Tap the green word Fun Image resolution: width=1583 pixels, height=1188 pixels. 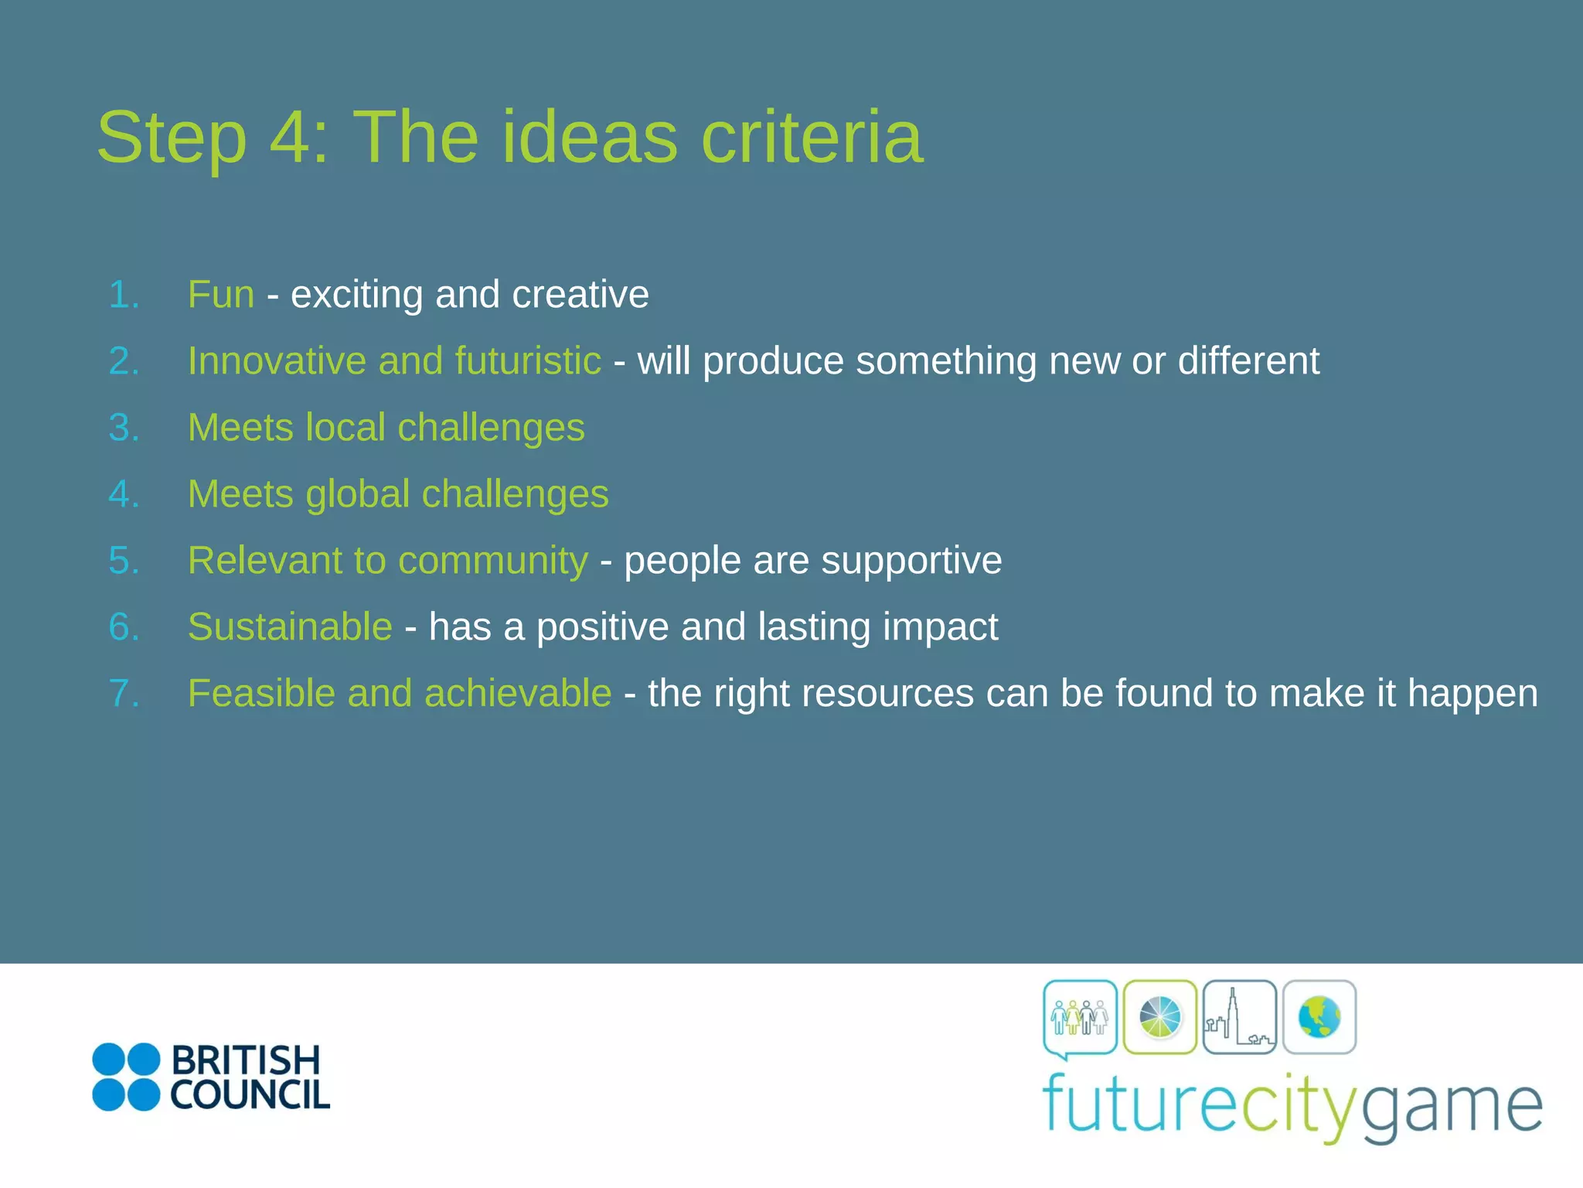pyautogui.click(x=221, y=295)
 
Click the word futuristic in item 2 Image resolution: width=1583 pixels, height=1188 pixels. pyautogui.click(x=528, y=361)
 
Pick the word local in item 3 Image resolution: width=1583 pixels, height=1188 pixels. pyautogui.click(x=345, y=428)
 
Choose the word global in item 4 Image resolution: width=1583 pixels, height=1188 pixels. pyautogui.click(x=357, y=494)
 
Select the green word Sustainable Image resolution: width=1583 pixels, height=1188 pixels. pyautogui.click(x=290, y=627)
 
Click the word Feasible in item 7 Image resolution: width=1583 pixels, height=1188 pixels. pyautogui.click(x=261, y=694)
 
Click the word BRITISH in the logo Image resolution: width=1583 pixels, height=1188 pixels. pyautogui.click(x=245, y=1060)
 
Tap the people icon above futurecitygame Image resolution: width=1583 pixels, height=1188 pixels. pyautogui.click(x=1080, y=1017)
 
